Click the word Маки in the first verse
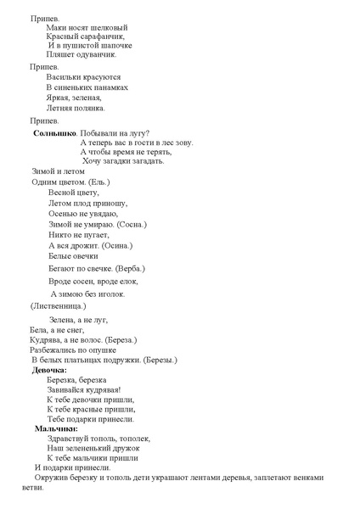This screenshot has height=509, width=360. coord(56,26)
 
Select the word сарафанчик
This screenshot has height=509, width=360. coord(102,36)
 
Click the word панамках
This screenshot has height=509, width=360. coord(110,87)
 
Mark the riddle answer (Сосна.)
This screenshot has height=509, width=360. coord(129,224)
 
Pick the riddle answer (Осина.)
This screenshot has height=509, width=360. coord(117,245)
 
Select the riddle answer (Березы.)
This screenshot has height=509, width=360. coord(159,360)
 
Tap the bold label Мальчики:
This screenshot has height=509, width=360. coord(56,428)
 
